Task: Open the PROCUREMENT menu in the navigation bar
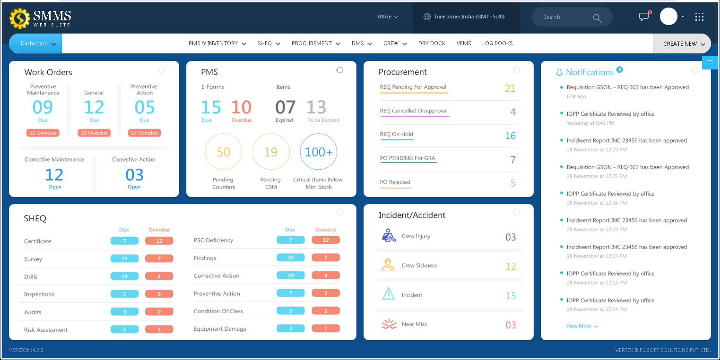pos(315,43)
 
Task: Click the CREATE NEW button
pos(681,43)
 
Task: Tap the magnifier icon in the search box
pos(597,18)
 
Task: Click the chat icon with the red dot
pos(644,17)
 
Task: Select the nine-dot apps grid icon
pos(699,17)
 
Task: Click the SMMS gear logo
pos(19,18)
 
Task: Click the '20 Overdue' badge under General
pos(94,133)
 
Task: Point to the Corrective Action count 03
pos(134,175)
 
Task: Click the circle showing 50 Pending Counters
pos(223,152)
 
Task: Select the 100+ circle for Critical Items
pos(319,152)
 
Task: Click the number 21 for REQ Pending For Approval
pos(510,88)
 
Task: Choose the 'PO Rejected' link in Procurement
pos(395,182)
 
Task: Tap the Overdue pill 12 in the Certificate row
pos(159,241)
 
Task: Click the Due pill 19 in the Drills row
pos(124,276)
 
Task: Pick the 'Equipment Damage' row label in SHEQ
pos(220,329)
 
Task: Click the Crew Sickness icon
pos(388,265)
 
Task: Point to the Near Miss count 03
pos(511,325)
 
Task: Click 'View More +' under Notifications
pos(582,326)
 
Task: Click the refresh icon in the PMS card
pos(339,70)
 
